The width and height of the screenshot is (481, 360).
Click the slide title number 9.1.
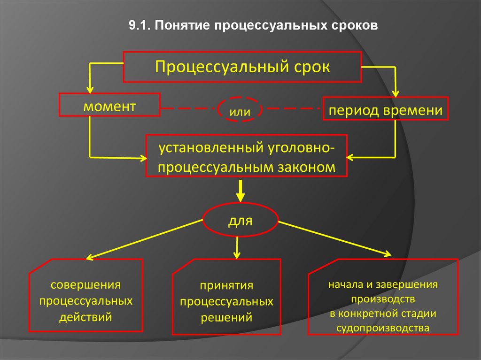139,26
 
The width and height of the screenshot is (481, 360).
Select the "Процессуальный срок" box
242,67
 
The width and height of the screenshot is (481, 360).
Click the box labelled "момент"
109,106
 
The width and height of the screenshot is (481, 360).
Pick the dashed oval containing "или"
239,110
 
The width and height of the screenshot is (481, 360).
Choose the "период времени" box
385,110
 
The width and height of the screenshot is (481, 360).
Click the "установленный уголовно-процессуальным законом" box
247,156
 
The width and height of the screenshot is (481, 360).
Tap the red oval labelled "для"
240,220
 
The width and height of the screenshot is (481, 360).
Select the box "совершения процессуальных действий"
85,300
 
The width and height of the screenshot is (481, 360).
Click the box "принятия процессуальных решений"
227,300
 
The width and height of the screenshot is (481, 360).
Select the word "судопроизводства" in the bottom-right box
383,328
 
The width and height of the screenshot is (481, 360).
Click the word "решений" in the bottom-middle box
227,317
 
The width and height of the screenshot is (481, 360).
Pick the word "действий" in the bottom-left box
85,317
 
